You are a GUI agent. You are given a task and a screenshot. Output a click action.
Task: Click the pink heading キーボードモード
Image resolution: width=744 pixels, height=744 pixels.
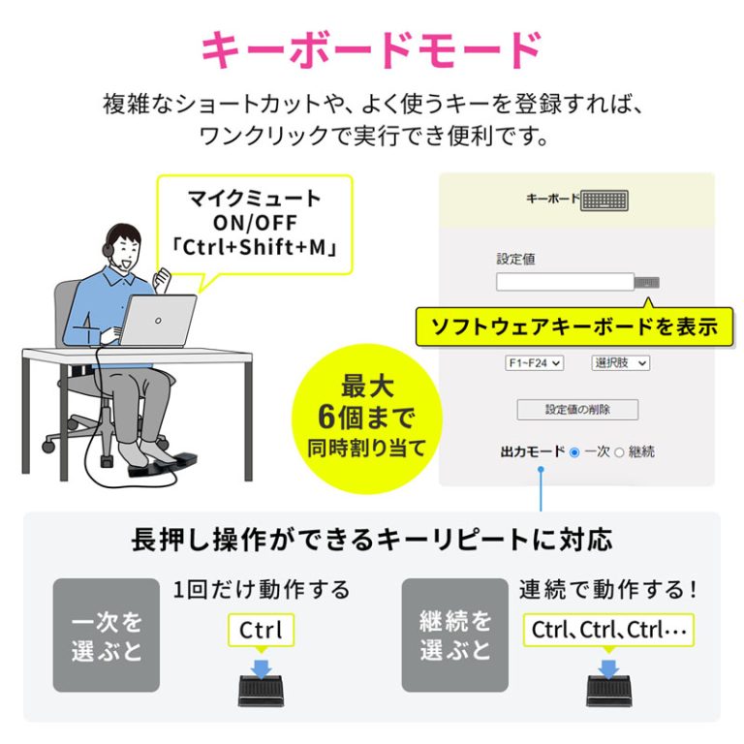click(372, 50)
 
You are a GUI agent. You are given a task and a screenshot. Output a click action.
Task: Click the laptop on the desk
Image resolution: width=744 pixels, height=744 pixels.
click(158, 322)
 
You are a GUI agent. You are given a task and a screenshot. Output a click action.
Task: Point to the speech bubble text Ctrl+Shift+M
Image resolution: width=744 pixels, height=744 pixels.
click(255, 247)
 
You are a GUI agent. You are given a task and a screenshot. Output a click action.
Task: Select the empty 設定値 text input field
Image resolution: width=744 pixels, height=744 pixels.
click(565, 282)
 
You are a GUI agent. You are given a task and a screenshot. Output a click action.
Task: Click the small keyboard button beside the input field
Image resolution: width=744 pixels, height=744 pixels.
click(647, 283)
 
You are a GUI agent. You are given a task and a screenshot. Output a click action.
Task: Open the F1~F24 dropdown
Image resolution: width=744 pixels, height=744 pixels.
click(535, 363)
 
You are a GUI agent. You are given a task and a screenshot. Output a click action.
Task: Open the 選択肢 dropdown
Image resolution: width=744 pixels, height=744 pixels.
click(621, 363)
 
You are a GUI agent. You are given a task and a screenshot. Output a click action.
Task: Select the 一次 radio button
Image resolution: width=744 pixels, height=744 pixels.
click(574, 452)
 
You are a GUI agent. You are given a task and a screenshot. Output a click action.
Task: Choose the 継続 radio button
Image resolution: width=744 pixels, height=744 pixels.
click(619, 452)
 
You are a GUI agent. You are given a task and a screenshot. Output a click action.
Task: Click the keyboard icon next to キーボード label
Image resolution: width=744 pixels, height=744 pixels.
click(604, 201)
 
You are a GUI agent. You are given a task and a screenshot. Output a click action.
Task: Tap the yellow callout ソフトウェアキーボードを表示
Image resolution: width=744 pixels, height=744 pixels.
click(574, 326)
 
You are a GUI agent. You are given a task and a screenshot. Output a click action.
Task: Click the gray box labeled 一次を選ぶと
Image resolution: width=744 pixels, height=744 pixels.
click(107, 635)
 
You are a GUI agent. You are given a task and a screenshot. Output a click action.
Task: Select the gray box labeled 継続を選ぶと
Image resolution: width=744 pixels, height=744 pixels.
click(455, 635)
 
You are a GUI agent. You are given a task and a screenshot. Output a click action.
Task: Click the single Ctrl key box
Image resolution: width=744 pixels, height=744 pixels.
click(261, 630)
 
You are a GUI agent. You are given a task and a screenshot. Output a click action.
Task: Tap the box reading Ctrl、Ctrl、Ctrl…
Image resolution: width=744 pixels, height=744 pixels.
click(608, 630)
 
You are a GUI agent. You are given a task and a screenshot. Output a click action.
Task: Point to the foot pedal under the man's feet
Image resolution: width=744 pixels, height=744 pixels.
click(163, 465)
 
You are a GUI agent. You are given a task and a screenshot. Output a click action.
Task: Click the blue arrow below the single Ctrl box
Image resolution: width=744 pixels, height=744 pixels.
click(261, 666)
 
